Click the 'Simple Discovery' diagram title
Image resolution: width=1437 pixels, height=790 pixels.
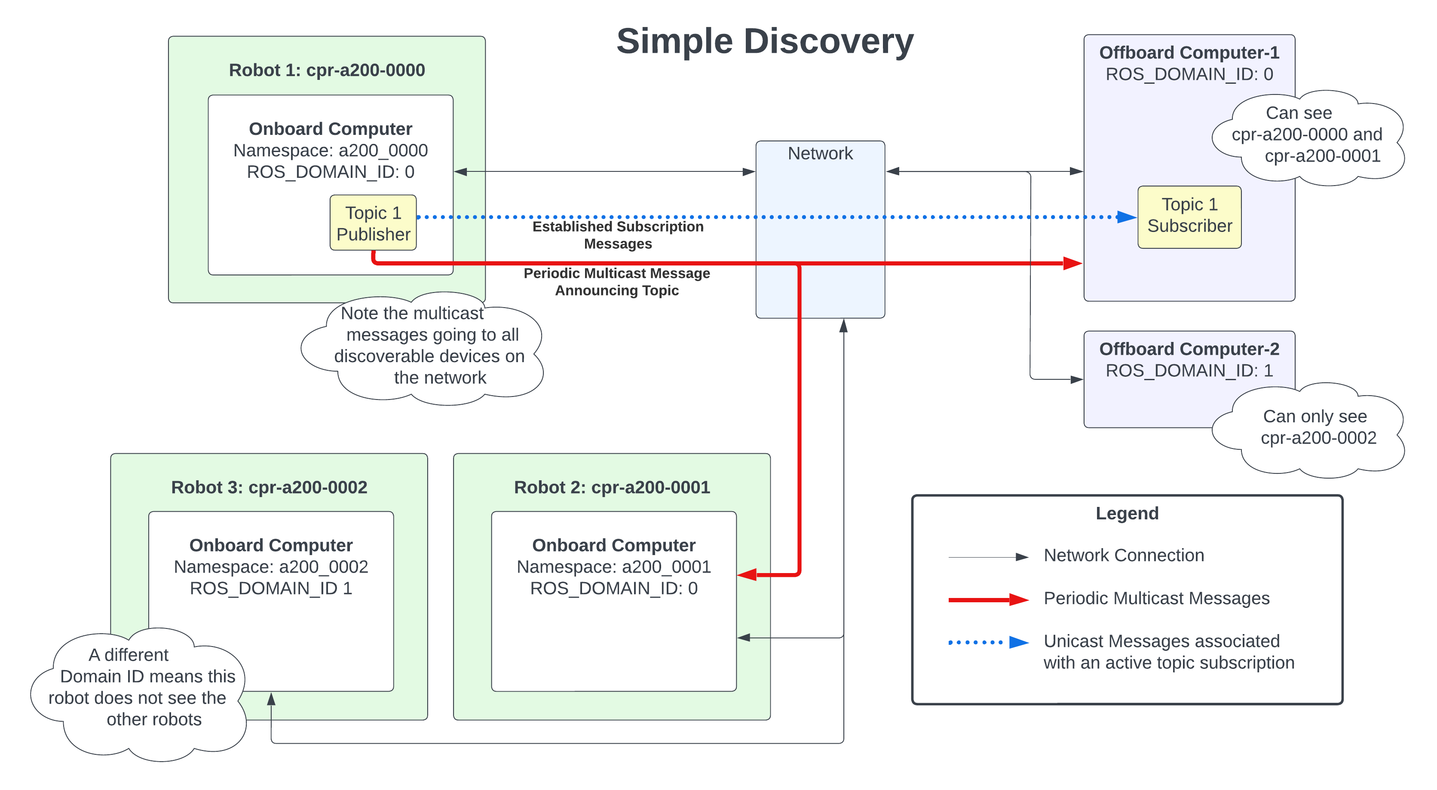point(764,41)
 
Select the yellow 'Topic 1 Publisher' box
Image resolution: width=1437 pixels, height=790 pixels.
point(373,223)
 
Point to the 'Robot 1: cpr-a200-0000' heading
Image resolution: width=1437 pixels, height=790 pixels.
point(327,70)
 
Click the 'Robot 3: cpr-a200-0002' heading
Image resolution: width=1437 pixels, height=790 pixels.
point(269,487)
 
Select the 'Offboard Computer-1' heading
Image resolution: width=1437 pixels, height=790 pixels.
point(1189,52)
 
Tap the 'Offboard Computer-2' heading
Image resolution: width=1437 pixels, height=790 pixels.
point(1189,349)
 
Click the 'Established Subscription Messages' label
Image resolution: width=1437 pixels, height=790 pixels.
point(618,235)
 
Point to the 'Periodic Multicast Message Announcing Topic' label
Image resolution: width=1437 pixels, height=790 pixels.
point(616,281)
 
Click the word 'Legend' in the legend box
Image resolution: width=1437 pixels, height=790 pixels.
point(1126,513)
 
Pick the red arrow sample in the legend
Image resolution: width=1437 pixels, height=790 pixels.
point(988,600)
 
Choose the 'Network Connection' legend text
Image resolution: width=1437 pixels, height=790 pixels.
point(1124,555)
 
